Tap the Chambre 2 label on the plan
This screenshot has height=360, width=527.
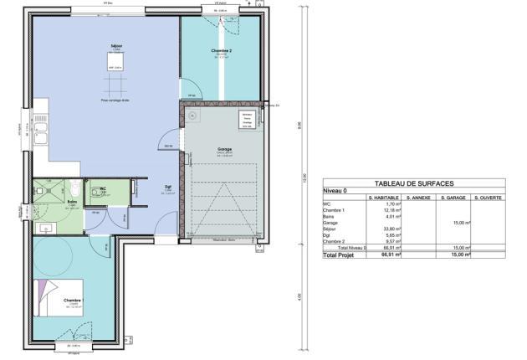tap(221, 51)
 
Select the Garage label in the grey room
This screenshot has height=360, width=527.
tap(223, 151)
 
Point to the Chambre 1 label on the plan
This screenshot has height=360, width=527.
tap(73, 299)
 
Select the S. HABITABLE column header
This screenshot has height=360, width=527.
tap(383, 198)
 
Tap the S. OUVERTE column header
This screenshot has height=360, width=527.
tap(486, 198)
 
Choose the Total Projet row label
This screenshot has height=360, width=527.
tap(340, 255)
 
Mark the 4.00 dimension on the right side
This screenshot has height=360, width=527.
tap(299, 296)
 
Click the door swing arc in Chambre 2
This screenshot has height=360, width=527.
tap(191, 86)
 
